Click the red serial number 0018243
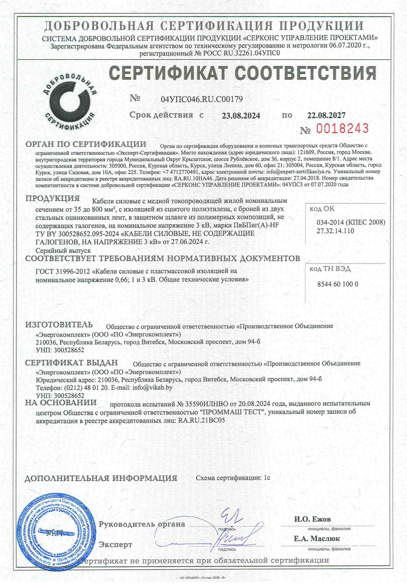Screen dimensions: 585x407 (x=342, y=129)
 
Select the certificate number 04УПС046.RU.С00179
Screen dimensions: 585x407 (x=202, y=99)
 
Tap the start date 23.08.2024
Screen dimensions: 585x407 (x=241, y=116)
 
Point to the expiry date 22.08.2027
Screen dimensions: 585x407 (x=326, y=115)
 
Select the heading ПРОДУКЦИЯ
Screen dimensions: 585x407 (x=53, y=199)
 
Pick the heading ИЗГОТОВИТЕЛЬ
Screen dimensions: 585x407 (x=59, y=325)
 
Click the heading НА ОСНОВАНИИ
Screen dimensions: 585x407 (x=61, y=403)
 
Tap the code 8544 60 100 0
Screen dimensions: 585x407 (x=338, y=284)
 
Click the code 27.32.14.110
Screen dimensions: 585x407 (x=335, y=231)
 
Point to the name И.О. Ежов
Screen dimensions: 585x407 (x=312, y=519)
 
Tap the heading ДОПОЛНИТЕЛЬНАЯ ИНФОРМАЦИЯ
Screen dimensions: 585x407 (x=101, y=478)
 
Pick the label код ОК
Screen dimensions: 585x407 (x=322, y=209)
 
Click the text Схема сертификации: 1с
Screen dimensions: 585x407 (x=233, y=478)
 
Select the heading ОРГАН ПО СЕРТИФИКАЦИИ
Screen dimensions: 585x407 (x=86, y=144)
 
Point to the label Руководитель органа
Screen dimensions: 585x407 (x=142, y=524)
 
